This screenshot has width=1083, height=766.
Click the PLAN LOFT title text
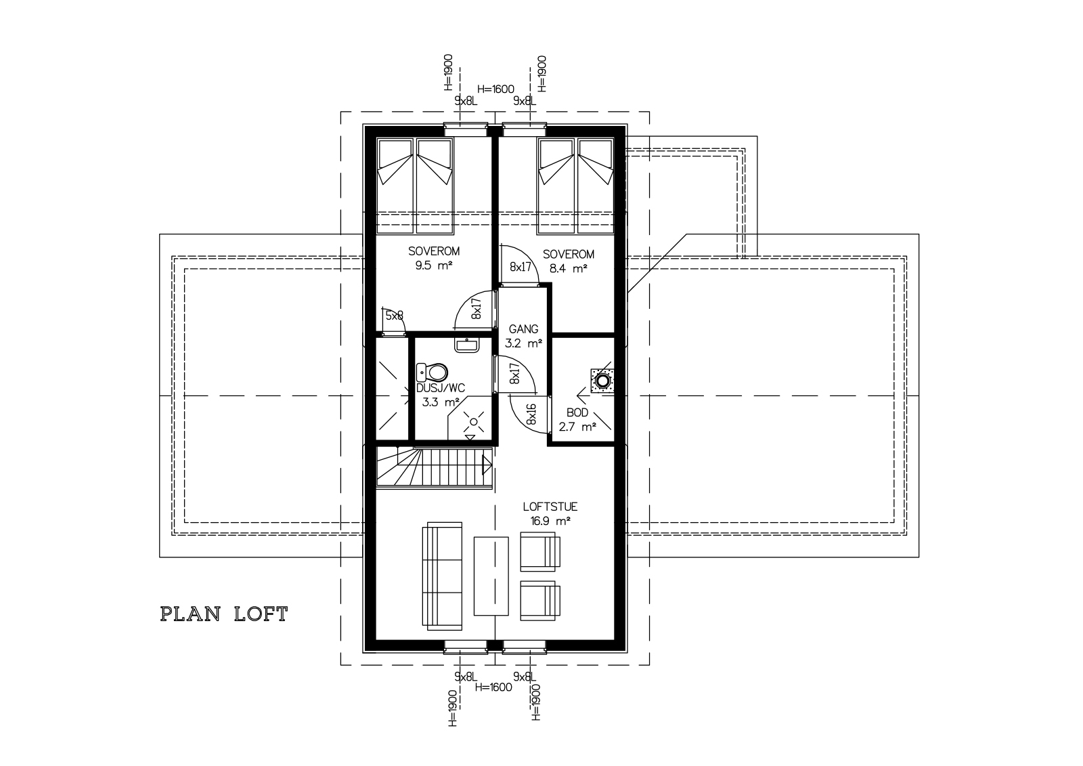[224, 614]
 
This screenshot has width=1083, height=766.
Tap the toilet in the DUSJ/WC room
[432, 373]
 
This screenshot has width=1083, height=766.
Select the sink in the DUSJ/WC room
[466, 345]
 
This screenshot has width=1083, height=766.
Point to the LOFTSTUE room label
[550, 507]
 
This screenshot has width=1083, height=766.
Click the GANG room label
[524, 329]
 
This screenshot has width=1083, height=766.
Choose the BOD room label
[577, 412]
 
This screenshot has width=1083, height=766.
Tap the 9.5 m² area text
[434, 265]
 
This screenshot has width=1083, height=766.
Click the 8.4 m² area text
[568, 269]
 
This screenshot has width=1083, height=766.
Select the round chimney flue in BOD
[602, 381]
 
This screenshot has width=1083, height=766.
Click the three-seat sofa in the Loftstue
[443, 576]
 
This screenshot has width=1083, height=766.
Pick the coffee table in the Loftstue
[491, 576]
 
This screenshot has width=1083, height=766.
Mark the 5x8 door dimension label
[394, 316]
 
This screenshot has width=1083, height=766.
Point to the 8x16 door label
[531, 414]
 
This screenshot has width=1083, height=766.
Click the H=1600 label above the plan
[495, 89]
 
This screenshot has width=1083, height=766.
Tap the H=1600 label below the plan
[493, 687]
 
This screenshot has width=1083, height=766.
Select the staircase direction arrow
[487, 466]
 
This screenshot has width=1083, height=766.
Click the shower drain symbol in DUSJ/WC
[473, 422]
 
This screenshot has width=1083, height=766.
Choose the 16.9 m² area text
[550, 521]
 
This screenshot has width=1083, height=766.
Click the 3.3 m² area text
[440, 402]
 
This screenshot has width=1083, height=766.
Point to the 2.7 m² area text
[577, 427]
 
